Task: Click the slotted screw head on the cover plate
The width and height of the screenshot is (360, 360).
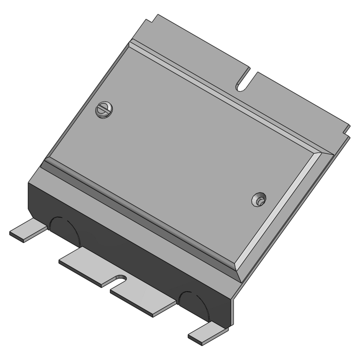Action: [104, 110]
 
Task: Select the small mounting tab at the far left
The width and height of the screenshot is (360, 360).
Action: [27, 231]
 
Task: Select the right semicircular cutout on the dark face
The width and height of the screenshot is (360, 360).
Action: [194, 304]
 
